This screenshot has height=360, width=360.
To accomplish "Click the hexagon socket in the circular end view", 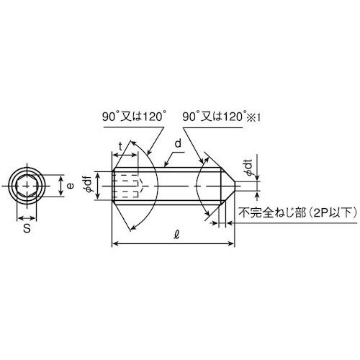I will coord(27,187).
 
